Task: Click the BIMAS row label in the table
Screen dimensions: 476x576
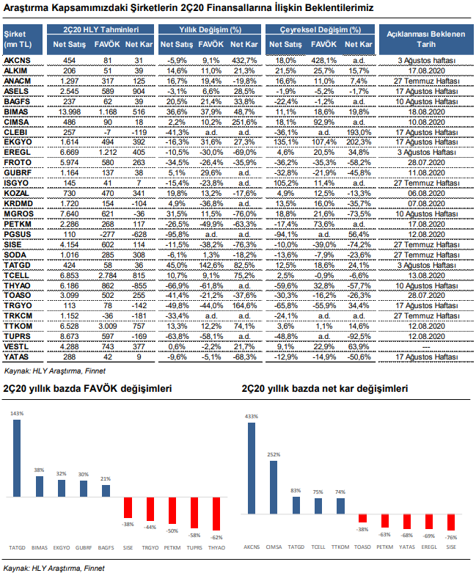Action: tap(16, 112)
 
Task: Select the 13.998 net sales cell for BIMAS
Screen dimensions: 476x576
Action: tap(69, 112)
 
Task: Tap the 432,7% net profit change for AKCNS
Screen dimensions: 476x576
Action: tap(244, 61)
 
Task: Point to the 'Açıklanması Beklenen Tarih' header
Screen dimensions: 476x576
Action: tap(426, 40)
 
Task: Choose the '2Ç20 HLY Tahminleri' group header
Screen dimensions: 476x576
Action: tap(100, 29)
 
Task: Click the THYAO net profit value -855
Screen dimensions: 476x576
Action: tap(139, 285)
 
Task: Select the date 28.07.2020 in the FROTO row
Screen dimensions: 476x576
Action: tap(426, 163)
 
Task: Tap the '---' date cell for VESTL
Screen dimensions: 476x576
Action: tap(426, 347)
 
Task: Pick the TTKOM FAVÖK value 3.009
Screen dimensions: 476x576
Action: tap(108, 327)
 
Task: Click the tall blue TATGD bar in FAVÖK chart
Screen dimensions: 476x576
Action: tap(17, 458)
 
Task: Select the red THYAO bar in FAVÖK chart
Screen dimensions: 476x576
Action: tap(216, 514)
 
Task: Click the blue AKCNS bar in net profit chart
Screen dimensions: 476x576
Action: tap(252, 468)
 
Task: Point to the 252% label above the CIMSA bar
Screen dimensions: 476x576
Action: tap(274, 454)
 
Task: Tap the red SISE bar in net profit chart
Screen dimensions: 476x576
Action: tap(451, 522)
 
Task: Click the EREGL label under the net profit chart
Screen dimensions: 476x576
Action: tap(429, 547)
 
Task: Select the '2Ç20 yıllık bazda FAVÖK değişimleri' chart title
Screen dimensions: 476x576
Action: tap(87, 389)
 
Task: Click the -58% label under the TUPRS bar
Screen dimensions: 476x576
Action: tap(194, 535)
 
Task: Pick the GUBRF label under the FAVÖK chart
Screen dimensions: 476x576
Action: tap(84, 547)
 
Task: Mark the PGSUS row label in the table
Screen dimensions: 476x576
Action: tap(18, 235)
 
